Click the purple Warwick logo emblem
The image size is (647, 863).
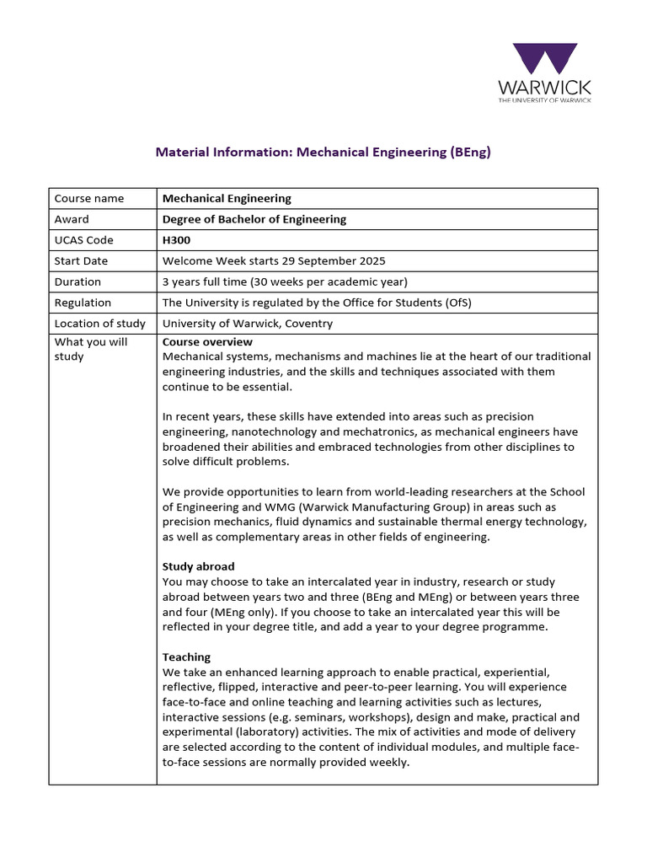(x=545, y=60)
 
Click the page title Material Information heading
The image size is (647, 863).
(x=323, y=153)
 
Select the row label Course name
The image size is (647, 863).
(x=88, y=199)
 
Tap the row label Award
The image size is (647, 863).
(x=72, y=220)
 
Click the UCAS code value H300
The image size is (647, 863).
(x=176, y=240)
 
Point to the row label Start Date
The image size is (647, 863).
(x=81, y=261)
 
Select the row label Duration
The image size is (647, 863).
(x=78, y=282)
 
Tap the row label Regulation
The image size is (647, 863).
(x=83, y=303)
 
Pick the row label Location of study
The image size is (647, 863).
(x=99, y=324)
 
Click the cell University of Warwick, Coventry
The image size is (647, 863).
(x=247, y=324)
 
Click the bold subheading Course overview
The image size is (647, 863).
(x=207, y=342)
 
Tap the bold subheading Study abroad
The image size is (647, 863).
(x=198, y=566)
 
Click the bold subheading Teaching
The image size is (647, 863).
(x=186, y=657)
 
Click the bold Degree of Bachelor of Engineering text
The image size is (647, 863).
(x=254, y=220)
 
